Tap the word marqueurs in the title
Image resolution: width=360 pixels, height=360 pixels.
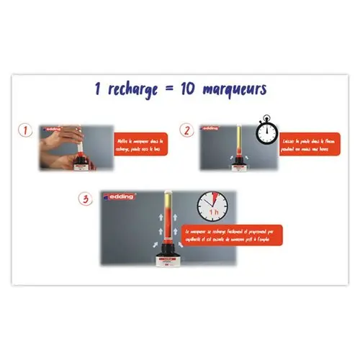(232, 89)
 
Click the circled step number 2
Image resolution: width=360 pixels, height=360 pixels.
(187, 131)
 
